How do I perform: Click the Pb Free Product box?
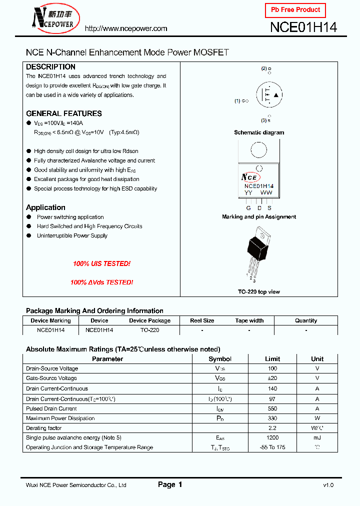pyautogui.click(x=295, y=10)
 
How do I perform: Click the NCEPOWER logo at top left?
pyautogui.click(x=53, y=18)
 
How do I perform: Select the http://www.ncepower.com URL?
pyautogui.click(x=126, y=28)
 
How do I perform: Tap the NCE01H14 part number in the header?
pyautogui.click(x=303, y=27)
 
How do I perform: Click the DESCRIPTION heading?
pyautogui.click(x=50, y=67)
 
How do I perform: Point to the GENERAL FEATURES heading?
pyautogui.click(x=63, y=113)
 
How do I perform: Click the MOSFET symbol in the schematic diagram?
pyautogui.click(x=269, y=95)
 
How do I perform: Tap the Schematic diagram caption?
pyautogui.click(x=259, y=132)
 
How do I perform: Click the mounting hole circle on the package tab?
pyautogui.click(x=258, y=150)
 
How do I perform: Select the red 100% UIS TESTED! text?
pyautogui.click(x=101, y=263)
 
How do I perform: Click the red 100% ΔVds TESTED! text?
pyautogui.click(x=101, y=282)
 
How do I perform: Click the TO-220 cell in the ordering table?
pyautogui.click(x=149, y=330)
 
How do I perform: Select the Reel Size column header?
pyautogui.click(x=202, y=320)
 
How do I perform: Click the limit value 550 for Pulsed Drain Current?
pyautogui.click(x=272, y=408)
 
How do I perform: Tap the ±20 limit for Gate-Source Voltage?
pyautogui.click(x=272, y=378)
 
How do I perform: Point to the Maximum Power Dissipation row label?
pyautogui.click(x=60, y=418)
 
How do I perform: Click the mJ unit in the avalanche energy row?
pyautogui.click(x=317, y=438)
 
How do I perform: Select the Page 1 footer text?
pyautogui.click(x=170, y=484)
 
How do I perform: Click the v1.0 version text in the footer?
pyautogui.click(x=328, y=485)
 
